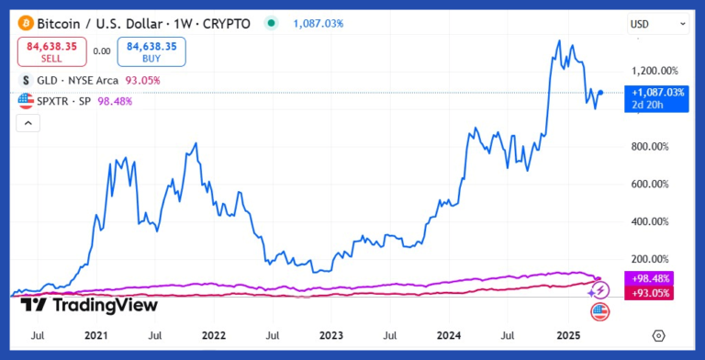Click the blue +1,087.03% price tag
pos(658,93)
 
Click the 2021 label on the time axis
pos(95,337)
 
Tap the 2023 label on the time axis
pos(331,337)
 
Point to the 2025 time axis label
pos(568,337)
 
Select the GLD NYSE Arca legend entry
pos(91,81)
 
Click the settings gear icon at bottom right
pos(657,337)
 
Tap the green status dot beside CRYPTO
pos(269,23)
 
